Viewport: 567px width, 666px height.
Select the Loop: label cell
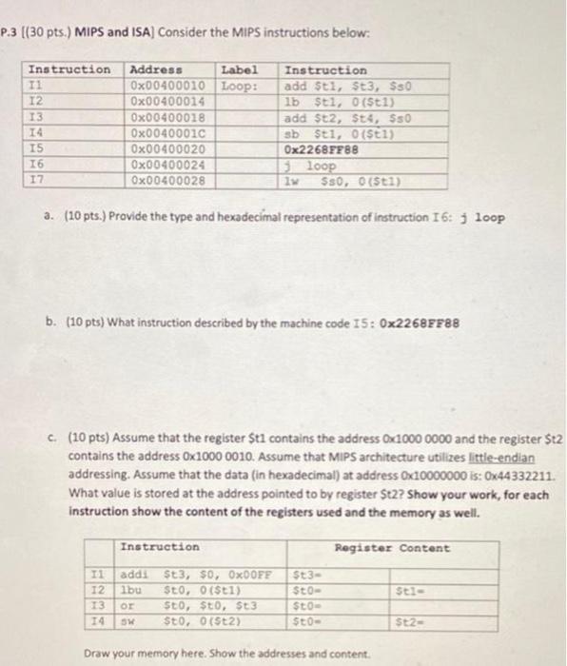tap(239, 86)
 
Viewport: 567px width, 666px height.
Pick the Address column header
tap(157, 69)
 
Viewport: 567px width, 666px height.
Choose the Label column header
tap(239, 69)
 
